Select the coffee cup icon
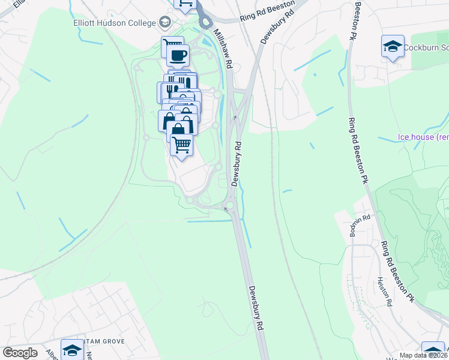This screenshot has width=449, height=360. point(178,56)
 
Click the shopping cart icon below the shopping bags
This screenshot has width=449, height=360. point(182,145)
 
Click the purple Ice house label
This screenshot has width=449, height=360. point(423,137)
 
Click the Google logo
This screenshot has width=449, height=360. point(20,353)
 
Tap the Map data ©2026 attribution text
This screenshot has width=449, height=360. point(424,355)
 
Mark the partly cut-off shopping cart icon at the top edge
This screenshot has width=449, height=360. point(185,4)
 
